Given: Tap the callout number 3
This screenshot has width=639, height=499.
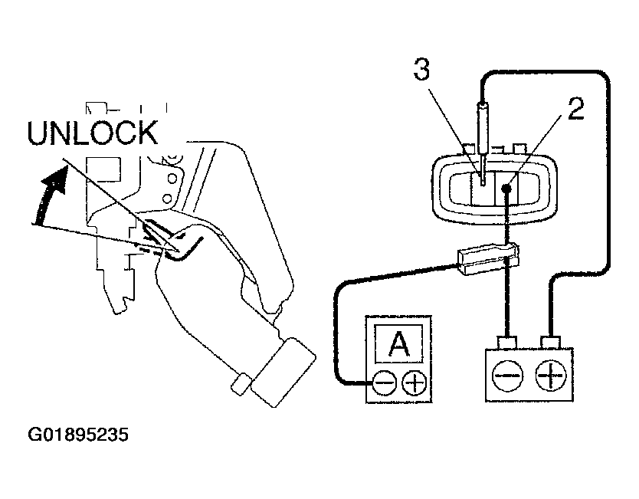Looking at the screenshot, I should click(x=421, y=71).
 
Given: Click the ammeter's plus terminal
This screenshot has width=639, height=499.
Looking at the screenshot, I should click(x=414, y=382).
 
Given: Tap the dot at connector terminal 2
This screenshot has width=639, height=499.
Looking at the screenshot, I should click(x=506, y=188).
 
